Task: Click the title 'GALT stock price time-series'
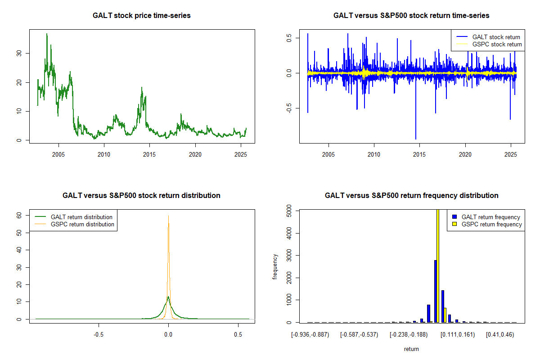point(142,16)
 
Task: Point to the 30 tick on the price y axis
point(19,53)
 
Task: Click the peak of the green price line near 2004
point(46,34)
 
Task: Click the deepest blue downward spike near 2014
point(416,138)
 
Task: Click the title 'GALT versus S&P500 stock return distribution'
point(142,196)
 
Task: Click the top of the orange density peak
point(168,216)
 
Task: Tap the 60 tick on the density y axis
point(19,216)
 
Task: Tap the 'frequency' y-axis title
point(275,266)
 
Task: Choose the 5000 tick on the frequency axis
point(289,210)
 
